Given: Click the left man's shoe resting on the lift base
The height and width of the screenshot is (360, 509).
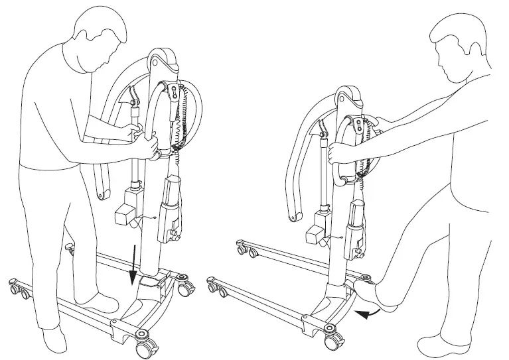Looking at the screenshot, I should coord(99,302).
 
